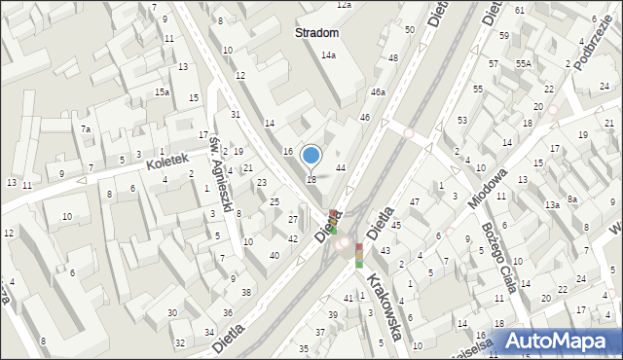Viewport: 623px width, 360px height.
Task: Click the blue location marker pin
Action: pos(311,156)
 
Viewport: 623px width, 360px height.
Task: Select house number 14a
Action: pos(329,55)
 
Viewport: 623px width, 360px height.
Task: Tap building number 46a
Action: pos(378,92)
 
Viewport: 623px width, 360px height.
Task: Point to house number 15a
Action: pos(163,91)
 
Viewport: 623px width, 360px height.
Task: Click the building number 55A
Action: pos(524,63)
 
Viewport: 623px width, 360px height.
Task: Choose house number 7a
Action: pos(86,129)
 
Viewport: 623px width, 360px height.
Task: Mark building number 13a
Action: pos(552,205)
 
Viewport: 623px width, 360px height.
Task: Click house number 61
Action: pos(520,10)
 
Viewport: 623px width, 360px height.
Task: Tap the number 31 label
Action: pos(235,115)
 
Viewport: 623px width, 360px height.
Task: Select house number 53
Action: pos(462,120)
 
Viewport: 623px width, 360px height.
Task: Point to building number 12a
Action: pos(343,5)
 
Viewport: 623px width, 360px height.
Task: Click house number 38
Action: pos(246,292)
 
